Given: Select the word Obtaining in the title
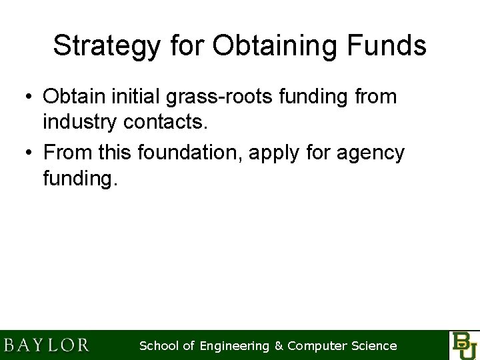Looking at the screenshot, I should [x=267, y=46].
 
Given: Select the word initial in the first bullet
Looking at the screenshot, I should [x=139, y=97].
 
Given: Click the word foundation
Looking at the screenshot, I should [x=191, y=153].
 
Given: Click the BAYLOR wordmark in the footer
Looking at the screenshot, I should [x=47, y=345].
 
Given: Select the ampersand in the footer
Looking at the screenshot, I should [x=279, y=346].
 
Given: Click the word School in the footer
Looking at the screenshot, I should [x=158, y=346].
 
